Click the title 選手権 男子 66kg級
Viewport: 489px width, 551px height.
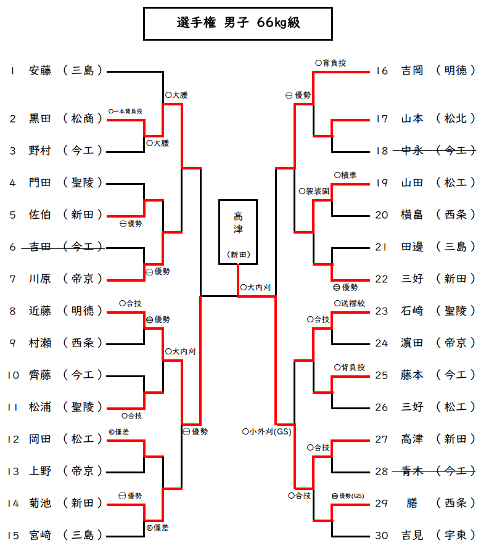[237, 23]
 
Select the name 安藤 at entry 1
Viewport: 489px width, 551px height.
[40, 71]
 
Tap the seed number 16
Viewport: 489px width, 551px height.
[382, 71]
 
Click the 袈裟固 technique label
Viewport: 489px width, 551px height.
[316, 191]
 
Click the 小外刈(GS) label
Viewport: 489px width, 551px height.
[266, 431]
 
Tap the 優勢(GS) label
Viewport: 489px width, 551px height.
[348, 496]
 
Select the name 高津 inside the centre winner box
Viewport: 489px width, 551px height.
[237, 224]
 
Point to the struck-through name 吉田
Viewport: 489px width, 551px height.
[40, 247]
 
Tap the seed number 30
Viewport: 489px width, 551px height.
[382, 536]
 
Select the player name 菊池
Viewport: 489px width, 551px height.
[40, 504]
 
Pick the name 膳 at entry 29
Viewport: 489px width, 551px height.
[412, 504]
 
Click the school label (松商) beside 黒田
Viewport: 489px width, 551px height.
[83, 118]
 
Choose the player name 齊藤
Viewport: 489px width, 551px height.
[40, 375]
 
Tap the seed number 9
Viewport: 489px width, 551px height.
[12, 343]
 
